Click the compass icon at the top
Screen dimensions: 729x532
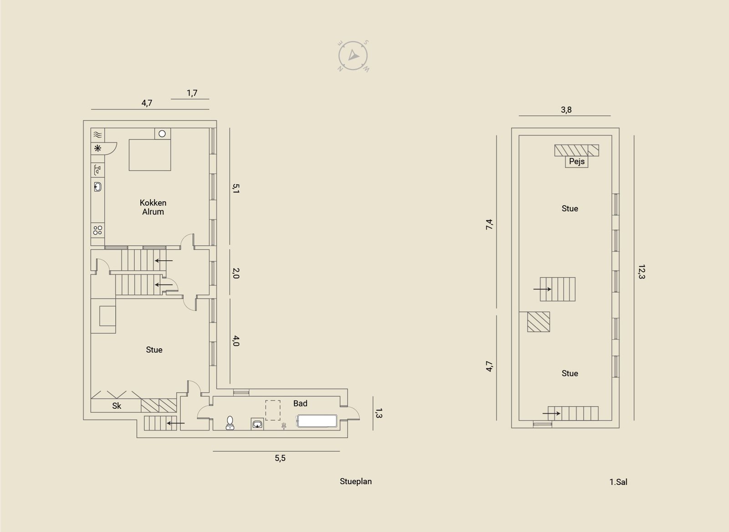click(353, 56)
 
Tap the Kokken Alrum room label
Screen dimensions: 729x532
click(153, 207)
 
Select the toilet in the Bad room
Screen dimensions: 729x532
click(230, 423)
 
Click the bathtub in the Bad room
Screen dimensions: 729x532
click(317, 421)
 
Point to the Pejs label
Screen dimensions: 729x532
click(577, 161)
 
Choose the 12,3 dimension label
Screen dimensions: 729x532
click(642, 272)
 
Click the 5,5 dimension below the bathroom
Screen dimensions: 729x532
click(280, 458)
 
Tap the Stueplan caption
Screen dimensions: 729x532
click(356, 481)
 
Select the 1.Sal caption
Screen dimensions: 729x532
click(618, 482)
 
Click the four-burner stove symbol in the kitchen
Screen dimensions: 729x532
click(98, 230)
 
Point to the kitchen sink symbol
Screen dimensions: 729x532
click(98, 187)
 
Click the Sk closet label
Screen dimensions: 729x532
click(117, 406)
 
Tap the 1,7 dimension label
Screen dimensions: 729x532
click(192, 93)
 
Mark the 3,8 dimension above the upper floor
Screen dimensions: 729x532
click(566, 110)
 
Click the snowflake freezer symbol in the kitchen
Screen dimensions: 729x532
click(98, 149)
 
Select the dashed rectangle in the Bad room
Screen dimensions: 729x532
click(273, 410)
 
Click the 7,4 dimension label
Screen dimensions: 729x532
click(489, 224)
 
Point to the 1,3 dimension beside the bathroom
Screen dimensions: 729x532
click(379, 413)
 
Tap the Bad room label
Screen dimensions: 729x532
click(300, 403)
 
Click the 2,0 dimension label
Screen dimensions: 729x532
click(236, 273)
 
